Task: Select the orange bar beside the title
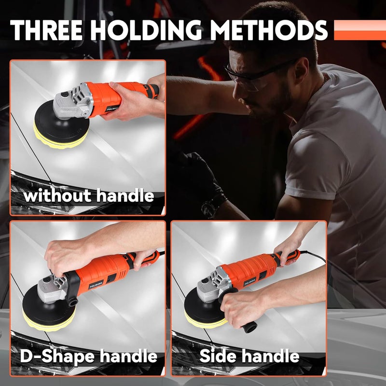point(359,30)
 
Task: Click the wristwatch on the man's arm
point(211,207)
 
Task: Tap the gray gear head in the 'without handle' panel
point(70,101)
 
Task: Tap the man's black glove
point(198,169)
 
